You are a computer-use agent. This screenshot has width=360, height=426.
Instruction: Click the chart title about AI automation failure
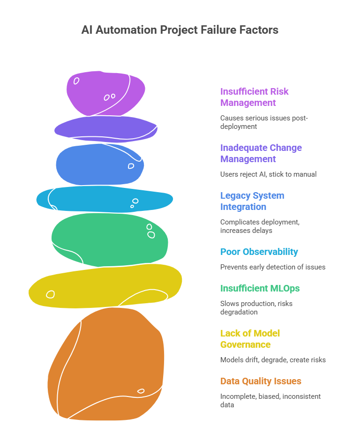coord(180,30)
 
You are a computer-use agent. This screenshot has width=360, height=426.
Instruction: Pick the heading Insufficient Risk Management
coord(255,97)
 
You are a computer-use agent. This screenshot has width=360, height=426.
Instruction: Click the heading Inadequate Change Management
coord(261,153)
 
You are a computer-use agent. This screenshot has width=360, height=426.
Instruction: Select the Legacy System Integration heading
coord(252,201)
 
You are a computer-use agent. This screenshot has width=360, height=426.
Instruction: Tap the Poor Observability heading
coord(259,252)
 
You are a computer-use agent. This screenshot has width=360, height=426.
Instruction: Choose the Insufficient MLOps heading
coord(260,288)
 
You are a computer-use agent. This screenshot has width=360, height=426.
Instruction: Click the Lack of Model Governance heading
coord(250,339)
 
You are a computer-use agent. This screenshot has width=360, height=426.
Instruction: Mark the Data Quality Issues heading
coord(261,381)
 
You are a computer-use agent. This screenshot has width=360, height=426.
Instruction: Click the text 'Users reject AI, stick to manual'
coord(268,174)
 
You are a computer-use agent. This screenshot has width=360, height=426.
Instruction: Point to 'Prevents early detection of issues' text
coord(273,267)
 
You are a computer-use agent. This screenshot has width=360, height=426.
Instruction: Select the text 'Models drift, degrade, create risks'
coord(273,360)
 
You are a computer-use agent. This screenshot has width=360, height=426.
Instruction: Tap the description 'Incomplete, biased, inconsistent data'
coord(270,400)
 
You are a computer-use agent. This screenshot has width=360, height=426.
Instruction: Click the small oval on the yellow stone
coord(50,294)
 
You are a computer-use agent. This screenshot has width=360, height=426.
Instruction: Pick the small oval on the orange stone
coord(141,391)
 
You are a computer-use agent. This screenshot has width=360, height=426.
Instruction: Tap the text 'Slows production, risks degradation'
coord(256,307)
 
